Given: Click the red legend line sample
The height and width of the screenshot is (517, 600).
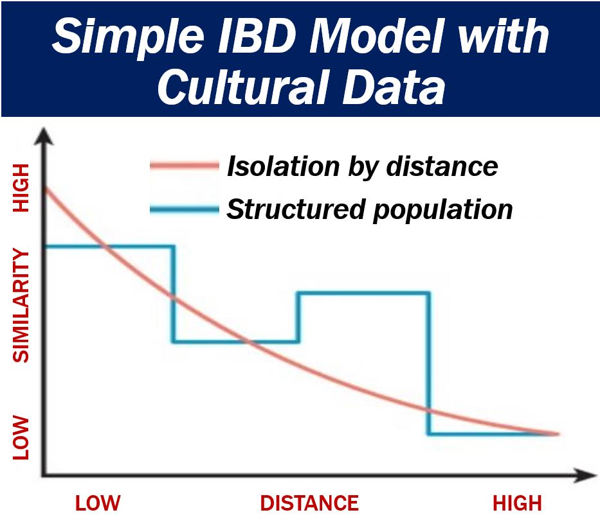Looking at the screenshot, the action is coord(185,166).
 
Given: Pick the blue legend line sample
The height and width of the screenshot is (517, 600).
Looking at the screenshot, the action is coord(185,209).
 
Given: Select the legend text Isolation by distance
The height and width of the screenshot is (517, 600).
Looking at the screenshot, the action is coord(362,167).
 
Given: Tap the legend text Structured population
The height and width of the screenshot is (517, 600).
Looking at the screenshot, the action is coord(370,210).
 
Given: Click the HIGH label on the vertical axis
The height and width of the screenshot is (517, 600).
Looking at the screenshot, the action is coord(21,188).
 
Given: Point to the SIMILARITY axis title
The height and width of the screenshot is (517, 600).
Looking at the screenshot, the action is coord(21,305).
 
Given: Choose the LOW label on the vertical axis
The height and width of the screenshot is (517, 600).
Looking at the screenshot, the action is coord(21,438).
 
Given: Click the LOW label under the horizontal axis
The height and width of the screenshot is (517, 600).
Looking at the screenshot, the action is coord(98,504).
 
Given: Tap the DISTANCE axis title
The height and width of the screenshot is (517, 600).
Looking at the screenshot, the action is coord(309,504).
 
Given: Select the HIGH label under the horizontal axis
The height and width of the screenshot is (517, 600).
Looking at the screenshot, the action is coord(517,504).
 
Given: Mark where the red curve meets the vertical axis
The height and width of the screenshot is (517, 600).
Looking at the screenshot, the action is coord(45,188).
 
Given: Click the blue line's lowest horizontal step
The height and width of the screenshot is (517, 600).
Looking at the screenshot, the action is coord(494,434).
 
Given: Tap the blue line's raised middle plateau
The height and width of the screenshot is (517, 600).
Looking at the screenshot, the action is coord(363,294).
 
